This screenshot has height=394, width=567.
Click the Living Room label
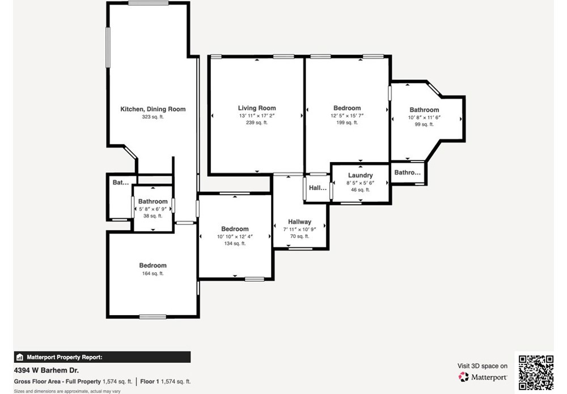click(257, 108)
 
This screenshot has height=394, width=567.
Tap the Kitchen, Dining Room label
click(153, 109)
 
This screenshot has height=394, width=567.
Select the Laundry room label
click(360, 175)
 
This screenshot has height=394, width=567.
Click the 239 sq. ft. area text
click(257, 122)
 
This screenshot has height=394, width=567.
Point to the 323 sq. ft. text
click(153, 117)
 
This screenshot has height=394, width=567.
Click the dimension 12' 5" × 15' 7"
click(347, 116)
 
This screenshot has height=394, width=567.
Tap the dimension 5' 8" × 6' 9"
click(153, 209)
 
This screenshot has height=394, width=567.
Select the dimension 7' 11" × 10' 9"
click(299, 229)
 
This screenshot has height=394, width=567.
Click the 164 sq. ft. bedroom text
click(153, 274)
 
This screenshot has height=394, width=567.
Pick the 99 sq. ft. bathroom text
click(424, 124)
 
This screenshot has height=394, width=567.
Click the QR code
click(536, 372)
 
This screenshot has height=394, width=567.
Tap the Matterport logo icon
click(463, 376)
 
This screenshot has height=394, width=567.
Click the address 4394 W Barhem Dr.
click(46, 371)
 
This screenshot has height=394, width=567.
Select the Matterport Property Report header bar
click(102, 357)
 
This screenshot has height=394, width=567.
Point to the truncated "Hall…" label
click(318, 188)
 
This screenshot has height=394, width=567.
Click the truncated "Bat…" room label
click(120, 183)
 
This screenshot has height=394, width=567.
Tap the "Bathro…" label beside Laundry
click(408, 172)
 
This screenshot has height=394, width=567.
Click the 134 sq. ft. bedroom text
click(235, 244)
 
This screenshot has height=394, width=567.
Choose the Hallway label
click(299, 222)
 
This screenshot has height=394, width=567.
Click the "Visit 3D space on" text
click(483, 366)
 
